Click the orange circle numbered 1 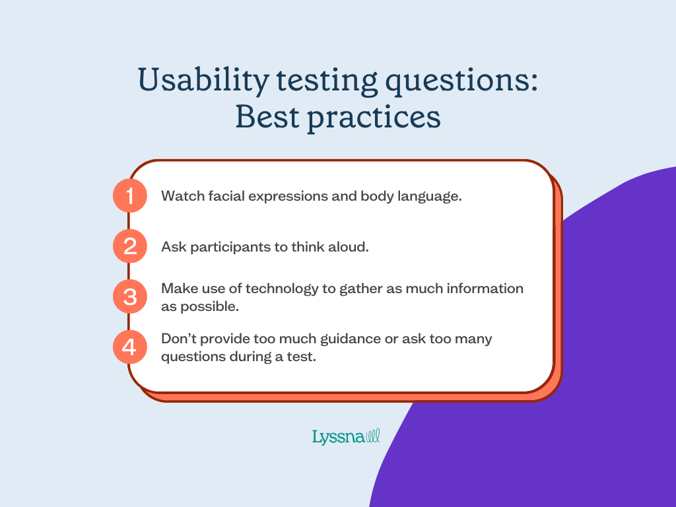tap(129, 196)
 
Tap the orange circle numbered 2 tap(129, 246)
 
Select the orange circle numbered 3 tap(129, 296)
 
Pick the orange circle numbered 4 tap(129, 347)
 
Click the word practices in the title tap(379, 118)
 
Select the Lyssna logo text tap(337, 436)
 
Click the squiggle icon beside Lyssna tap(373, 435)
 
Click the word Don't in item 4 tap(178, 339)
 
